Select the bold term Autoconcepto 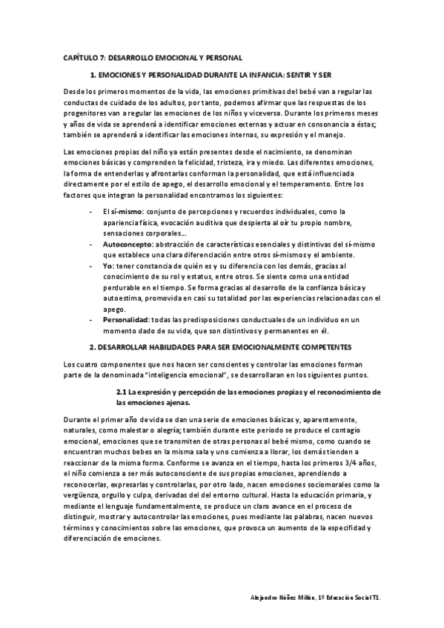126,244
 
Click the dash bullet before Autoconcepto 90,244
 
